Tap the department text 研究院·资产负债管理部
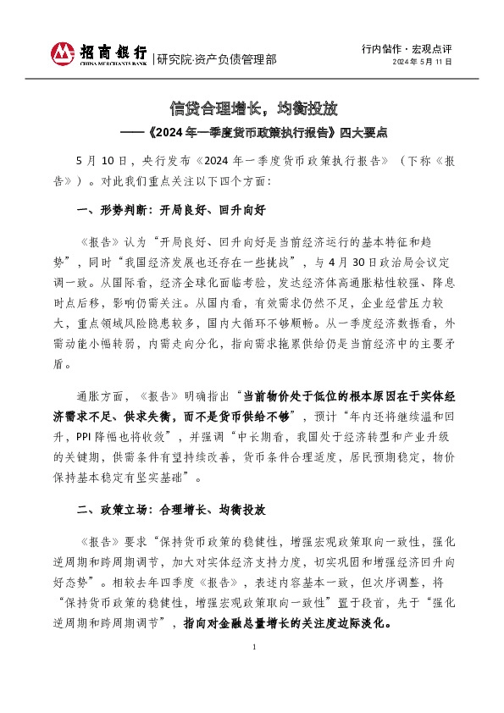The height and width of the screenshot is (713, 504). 217,59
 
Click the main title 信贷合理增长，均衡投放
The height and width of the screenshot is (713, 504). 253,108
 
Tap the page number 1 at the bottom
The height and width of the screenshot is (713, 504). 253,672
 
